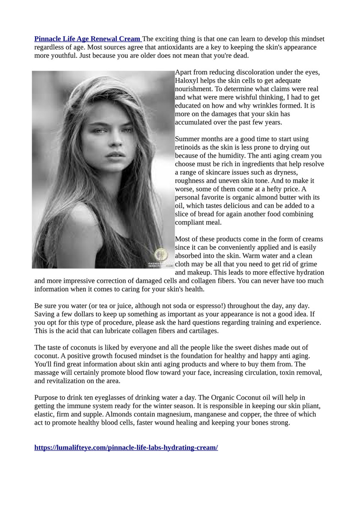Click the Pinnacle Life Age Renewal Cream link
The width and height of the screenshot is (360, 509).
pyautogui.click(x=88, y=39)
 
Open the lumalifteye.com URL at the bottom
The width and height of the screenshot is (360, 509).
pyautogui.click(x=126, y=447)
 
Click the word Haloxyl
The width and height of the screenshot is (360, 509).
pyautogui.click(x=188, y=80)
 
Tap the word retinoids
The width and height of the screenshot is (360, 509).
pyautogui.click(x=189, y=147)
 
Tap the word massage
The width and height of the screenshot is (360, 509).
pyautogui.click(x=48, y=373)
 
